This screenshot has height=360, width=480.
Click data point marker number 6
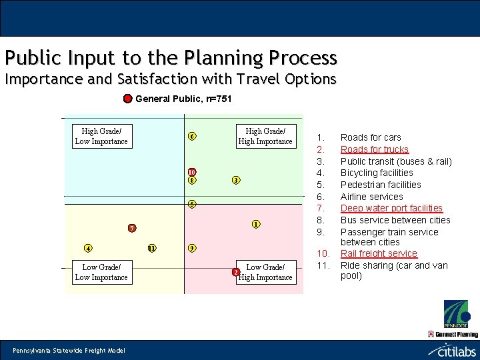pos(191,137)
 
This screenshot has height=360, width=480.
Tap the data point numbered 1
pos(255,224)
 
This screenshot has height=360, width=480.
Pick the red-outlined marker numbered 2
pos(235,272)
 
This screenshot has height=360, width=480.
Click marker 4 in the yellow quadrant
pos(88,249)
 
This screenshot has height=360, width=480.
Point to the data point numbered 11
pos(151,249)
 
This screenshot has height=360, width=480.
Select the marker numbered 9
pos(191,249)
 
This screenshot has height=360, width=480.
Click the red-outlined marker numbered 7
pos(132,229)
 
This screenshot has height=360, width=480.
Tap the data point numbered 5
pos(191,204)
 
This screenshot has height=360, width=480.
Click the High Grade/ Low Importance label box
pos(101,136)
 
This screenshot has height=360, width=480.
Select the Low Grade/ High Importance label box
pos(265,272)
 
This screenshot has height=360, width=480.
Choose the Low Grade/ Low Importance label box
pos(101,272)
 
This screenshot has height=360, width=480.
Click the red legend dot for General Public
pos(127,99)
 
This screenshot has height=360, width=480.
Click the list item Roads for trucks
pos(374,149)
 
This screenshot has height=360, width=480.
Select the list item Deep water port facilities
pos(391,208)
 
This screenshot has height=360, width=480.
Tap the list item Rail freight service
pos(379,253)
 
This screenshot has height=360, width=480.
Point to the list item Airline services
pos(371,197)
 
